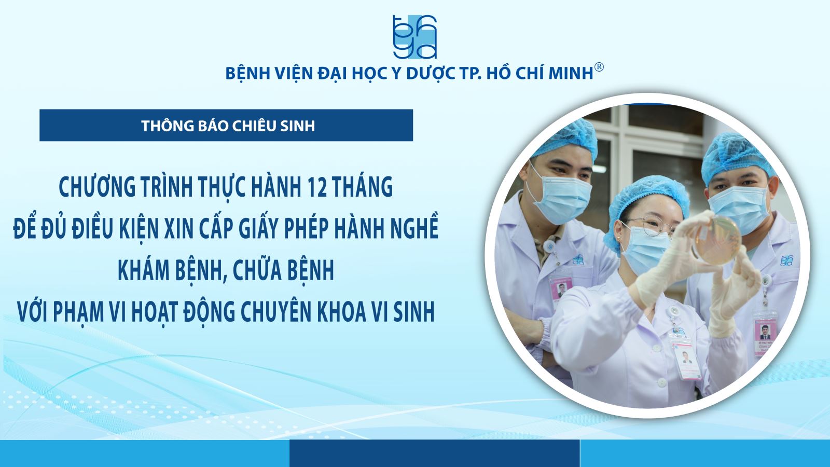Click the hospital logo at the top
click(415, 37)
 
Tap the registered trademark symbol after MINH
click(599, 67)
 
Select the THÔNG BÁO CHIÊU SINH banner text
click(228, 126)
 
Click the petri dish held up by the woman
click(716, 240)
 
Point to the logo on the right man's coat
click(785, 260)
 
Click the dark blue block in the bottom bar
click(434, 454)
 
